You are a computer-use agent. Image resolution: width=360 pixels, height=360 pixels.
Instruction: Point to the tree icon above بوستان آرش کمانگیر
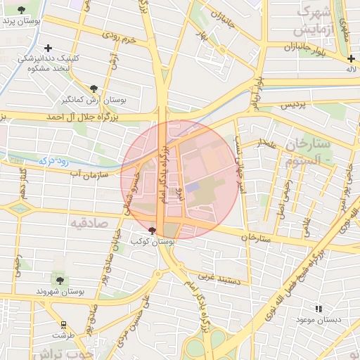[x=94, y=88]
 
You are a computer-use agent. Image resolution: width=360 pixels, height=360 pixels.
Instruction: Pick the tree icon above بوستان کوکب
[x=153, y=231]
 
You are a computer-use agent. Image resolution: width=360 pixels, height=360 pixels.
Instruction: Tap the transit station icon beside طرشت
[x=64, y=324]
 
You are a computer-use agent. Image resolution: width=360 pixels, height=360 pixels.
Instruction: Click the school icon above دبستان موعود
[x=319, y=308]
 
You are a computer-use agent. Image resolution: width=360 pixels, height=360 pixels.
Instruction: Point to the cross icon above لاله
[x=350, y=58]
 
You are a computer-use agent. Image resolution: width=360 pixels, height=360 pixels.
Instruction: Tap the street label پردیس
[x=295, y=105]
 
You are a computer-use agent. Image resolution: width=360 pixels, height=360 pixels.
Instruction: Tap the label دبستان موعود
[x=323, y=320]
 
